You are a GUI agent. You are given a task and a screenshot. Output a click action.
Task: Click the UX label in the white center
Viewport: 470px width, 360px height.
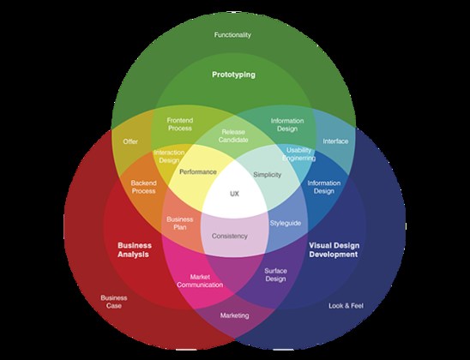click(x=234, y=194)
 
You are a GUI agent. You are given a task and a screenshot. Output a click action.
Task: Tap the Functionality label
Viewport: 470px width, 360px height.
click(x=232, y=35)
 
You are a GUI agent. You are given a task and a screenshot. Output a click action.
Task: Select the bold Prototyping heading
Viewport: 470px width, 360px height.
click(x=233, y=75)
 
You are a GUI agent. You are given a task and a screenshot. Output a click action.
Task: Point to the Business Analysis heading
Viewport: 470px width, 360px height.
click(x=134, y=249)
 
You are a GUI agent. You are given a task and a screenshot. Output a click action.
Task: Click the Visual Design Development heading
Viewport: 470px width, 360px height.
click(x=334, y=249)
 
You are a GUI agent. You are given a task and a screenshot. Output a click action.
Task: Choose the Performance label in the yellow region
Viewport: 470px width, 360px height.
click(x=198, y=172)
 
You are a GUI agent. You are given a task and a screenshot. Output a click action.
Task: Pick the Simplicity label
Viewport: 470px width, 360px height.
click(x=267, y=175)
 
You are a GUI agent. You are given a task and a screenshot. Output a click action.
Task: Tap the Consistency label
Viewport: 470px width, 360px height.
click(x=230, y=236)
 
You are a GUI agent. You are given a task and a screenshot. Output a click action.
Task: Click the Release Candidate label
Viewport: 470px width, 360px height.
click(x=233, y=136)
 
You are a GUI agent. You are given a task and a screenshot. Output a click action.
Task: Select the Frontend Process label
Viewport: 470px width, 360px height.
click(x=180, y=124)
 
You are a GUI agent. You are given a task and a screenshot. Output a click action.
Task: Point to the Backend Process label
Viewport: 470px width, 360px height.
click(x=143, y=187)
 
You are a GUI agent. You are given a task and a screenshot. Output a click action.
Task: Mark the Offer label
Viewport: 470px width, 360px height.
click(x=130, y=141)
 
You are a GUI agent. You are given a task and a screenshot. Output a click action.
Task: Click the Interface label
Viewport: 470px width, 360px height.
click(x=335, y=141)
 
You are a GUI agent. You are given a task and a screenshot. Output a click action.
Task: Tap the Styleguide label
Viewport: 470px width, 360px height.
click(x=286, y=223)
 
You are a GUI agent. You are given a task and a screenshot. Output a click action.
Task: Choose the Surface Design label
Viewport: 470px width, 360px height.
click(x=275, y=275)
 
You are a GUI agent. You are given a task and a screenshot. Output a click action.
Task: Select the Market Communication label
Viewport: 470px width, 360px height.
click(x=200, y=281)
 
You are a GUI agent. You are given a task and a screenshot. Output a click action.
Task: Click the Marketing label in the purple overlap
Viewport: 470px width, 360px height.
click(x=234, y=315)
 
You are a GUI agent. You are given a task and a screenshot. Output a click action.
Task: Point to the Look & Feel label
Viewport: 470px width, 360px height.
click(x=346, y=306)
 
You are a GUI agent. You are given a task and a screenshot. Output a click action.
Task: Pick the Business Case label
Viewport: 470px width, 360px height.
click(x=114, y=302)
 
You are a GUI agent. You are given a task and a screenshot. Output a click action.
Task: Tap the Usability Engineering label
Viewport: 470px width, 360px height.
click(x=298, y=154)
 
